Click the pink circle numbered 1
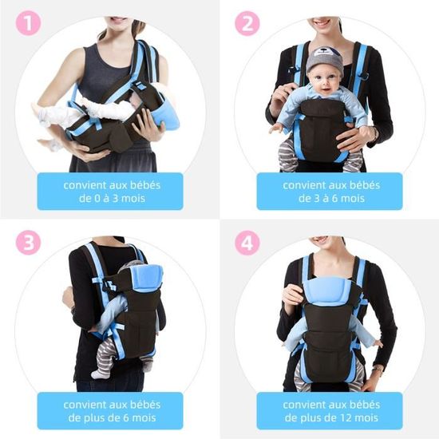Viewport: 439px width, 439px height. pos(28,23)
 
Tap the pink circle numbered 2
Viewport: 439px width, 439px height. pos(247,23)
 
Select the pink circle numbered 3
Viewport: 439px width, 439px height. pos(28,243)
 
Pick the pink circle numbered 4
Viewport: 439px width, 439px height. pos(247,243)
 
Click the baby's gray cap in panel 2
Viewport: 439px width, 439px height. pos(324,60)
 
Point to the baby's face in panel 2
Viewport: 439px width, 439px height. pos(326,82)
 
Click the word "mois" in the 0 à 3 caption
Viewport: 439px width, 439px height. pos(133,198)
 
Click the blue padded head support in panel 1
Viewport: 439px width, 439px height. pos(165,115)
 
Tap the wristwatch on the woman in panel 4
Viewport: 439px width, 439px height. pos(378,370)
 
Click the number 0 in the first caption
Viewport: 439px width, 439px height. pos(97,198)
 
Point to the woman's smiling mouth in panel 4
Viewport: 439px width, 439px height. pos(322,240)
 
